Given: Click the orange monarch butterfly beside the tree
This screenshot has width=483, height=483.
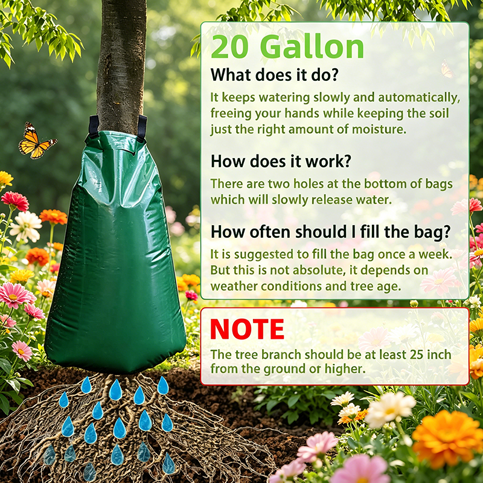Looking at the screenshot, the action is click(36, 141).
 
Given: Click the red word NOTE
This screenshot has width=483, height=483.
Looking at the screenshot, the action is click(247, 329).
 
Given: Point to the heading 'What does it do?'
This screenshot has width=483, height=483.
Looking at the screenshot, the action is click(274, 75).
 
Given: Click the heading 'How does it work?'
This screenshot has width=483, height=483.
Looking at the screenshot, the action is click(281, 161).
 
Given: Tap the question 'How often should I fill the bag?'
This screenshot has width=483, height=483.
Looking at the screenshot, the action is click(330, 232).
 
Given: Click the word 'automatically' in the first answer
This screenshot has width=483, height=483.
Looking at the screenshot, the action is click(419, 98).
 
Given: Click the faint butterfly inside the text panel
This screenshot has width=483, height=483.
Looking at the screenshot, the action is click(447, 69).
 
